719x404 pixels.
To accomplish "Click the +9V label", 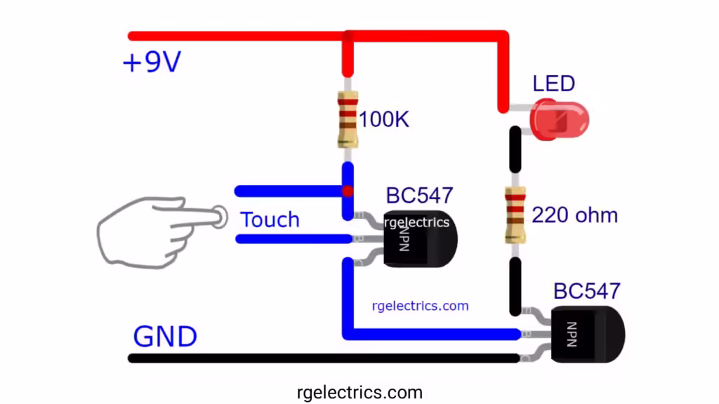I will click(152, 62).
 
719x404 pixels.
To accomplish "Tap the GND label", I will click(165, 337).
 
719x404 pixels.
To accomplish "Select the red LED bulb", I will click(560, 119).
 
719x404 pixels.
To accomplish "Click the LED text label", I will click(553, 84).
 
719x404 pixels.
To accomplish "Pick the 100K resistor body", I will click(347, 119).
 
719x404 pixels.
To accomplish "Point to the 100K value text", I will click(384, 119).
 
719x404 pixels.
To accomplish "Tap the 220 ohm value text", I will click(574, 215).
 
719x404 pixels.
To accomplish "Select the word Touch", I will click(270, 220).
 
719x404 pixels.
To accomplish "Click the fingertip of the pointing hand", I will click(220, 217).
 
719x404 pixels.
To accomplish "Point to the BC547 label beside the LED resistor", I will click(587, 291).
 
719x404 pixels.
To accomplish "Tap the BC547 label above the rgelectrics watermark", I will click(419, 196).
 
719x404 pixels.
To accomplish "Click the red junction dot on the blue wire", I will click(347, 191).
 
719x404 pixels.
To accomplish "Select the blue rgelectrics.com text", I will click(420, 306).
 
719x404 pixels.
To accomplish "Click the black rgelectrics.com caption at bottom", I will click(359, 391).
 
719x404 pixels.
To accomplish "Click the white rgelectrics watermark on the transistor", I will click(417, 222).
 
